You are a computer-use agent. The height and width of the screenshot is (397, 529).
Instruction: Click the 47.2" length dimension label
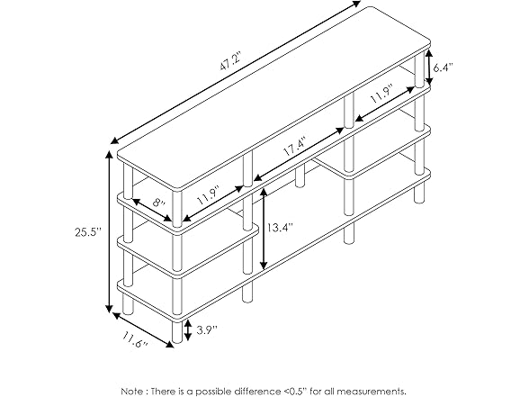point(229,62)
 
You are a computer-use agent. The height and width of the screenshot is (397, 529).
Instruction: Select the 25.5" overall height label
point(88,232)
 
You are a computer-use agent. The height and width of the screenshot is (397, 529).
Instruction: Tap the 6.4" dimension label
point(443,68)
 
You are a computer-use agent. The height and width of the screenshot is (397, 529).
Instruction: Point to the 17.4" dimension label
point(295,146)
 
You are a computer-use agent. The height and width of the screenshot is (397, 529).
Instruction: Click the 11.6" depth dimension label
point(135,339)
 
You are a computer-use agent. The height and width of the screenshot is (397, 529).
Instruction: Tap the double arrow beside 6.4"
point(429,68)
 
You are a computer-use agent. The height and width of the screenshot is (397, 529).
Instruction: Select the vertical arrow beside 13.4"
point(264,229)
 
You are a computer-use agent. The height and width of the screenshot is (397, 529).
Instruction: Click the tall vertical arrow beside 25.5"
point(109,231)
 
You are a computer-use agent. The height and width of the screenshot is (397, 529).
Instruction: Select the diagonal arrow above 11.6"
point(143,329)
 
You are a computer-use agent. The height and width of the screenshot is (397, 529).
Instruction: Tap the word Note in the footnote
point(132,391)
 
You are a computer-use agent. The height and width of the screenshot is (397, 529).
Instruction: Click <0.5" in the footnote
point(294,391)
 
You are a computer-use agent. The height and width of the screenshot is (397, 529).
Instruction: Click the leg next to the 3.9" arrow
point(177,331)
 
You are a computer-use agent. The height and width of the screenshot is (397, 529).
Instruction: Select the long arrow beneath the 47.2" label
point(236,72)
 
